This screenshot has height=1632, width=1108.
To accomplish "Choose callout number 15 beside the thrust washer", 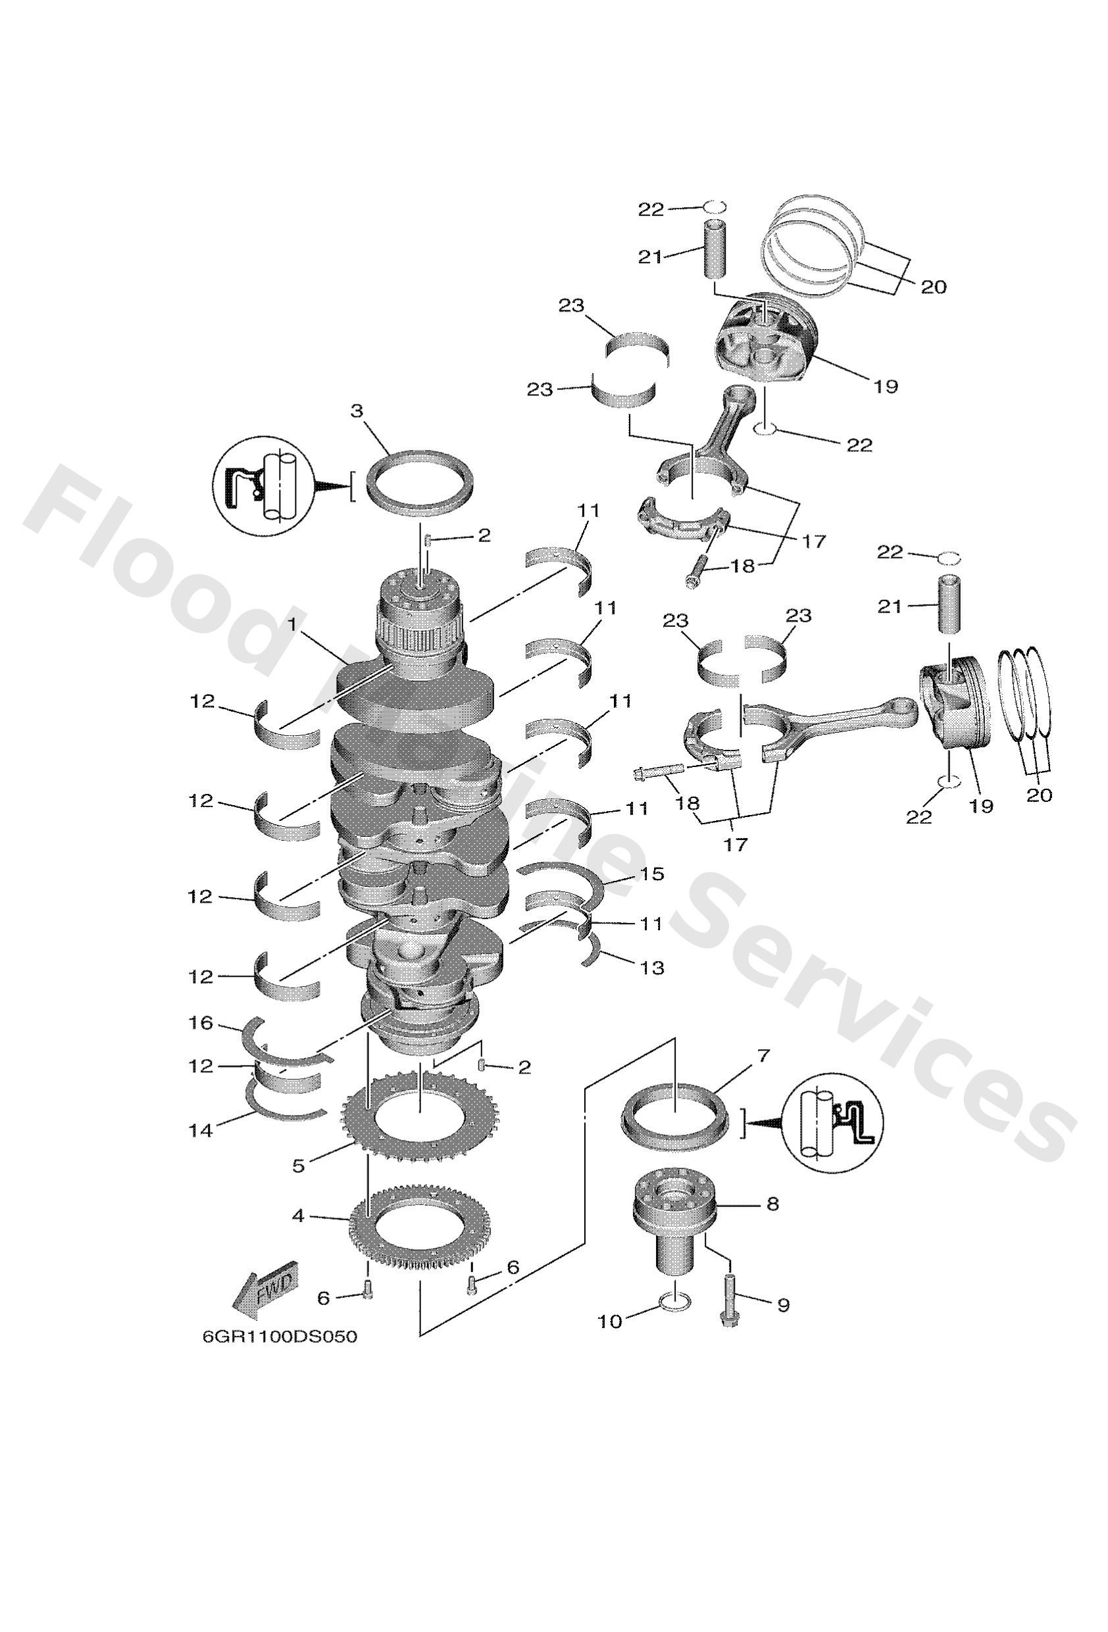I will coord(652,874).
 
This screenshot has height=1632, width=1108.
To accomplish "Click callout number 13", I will coord(652,968).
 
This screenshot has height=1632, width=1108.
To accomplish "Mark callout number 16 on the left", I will coord(201,1023).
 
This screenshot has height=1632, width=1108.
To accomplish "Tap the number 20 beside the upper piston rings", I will coord(933,287).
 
